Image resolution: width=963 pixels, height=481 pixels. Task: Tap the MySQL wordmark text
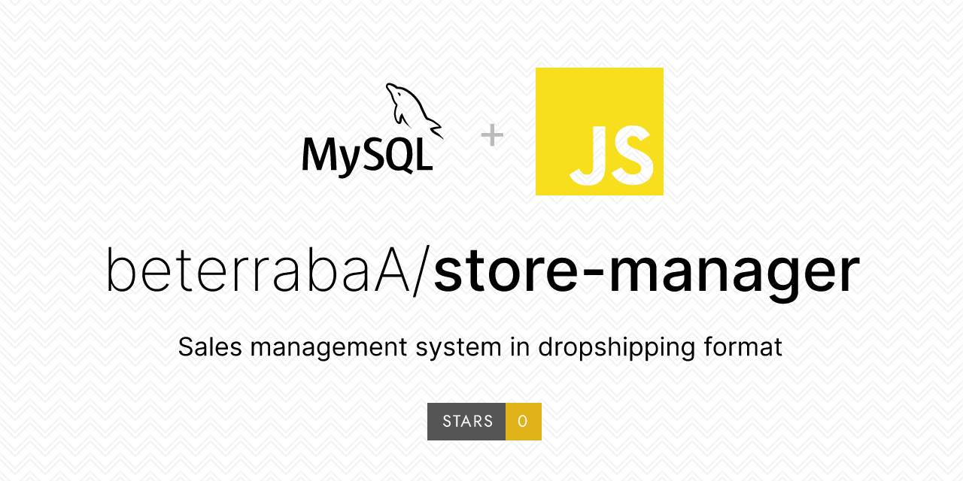pyautogui.click(x=367, y=156)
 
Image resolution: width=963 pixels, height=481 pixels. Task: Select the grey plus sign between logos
pyautogui.click(x=492, y=135)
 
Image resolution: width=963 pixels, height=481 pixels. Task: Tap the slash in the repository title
pyautogui.click(x=422, y=270)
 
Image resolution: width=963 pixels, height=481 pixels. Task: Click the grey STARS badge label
pyautogui.click(x=467, y=422)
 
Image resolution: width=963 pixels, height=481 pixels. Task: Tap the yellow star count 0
pyautogui.click(x=523, y=422)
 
